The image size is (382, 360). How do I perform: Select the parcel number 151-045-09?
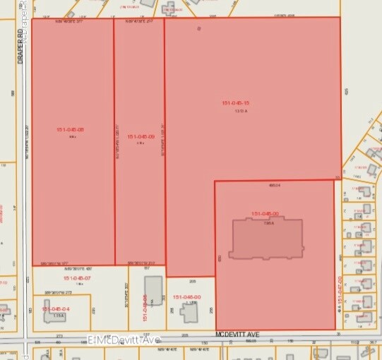[141, 136]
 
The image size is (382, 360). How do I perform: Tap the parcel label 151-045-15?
[236, 103]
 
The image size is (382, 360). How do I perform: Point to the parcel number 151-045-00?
[265, 213]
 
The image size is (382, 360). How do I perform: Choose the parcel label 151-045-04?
[56, 309]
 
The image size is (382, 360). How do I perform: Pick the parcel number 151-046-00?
[186, 296]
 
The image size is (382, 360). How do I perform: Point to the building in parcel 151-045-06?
[154, 292]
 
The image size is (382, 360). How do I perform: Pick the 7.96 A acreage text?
[268, 222]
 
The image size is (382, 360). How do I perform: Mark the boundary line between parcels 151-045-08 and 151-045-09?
[114, 141]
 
